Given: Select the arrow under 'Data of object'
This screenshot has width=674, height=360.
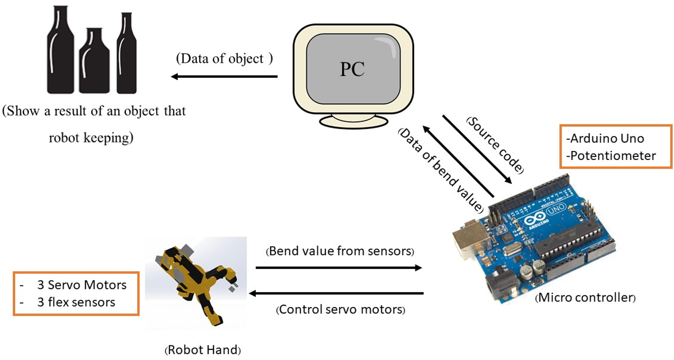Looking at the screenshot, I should (x=224, y=77).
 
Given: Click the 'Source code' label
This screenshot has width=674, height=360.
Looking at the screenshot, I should (x=495, y=145).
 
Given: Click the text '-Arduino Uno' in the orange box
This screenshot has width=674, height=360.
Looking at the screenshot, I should (x=605, y=139).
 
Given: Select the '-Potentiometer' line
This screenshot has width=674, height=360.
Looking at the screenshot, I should (x=611, y=156).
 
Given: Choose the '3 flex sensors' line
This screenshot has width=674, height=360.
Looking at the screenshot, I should (x=76, y=302).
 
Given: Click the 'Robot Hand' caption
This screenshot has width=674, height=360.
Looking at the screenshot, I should (x=203, y=350).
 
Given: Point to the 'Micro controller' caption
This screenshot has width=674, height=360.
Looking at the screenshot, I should (x=586, y=298).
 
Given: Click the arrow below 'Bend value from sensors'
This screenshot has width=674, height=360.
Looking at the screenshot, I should (x=339, y=268).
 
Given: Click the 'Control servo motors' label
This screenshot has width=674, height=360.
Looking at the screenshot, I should (x=340, y=310).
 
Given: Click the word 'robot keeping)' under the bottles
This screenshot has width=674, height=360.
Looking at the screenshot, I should (x=91, y=138).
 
